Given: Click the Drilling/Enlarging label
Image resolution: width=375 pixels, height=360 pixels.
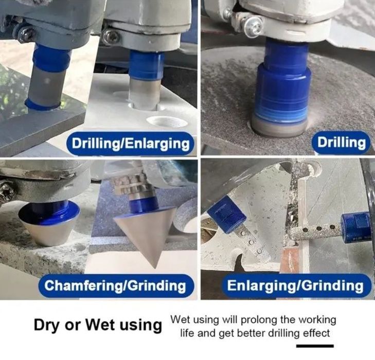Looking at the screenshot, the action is [x=130, y=144].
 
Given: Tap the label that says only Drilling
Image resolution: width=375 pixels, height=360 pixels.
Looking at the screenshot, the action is [x=341, y=143].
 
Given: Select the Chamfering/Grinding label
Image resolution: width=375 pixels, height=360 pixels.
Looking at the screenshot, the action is [x=115, y=285].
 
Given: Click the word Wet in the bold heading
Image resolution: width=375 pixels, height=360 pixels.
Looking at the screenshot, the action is [x=100, y=325].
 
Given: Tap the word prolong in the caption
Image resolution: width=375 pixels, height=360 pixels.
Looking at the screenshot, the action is [x=257, y=320].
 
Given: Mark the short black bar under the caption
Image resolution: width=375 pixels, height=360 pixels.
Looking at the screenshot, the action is [x=315, y=346].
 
